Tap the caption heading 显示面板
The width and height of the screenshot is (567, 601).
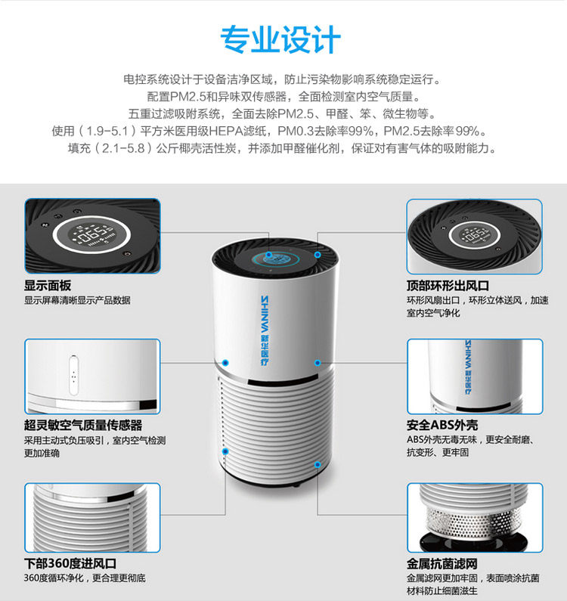[48, 286]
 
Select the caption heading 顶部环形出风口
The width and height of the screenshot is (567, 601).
[448, 286]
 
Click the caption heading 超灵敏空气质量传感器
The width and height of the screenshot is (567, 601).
[83, 425]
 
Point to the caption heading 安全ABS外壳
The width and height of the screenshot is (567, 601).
[442, 425]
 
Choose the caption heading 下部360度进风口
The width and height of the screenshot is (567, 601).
[70, 564]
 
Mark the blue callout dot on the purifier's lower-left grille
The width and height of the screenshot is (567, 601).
[225, 451]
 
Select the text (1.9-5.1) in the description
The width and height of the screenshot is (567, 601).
[104, 131]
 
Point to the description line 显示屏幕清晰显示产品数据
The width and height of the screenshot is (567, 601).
[77, 300]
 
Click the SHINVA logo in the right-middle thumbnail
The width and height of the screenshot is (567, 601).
[469, 366]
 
